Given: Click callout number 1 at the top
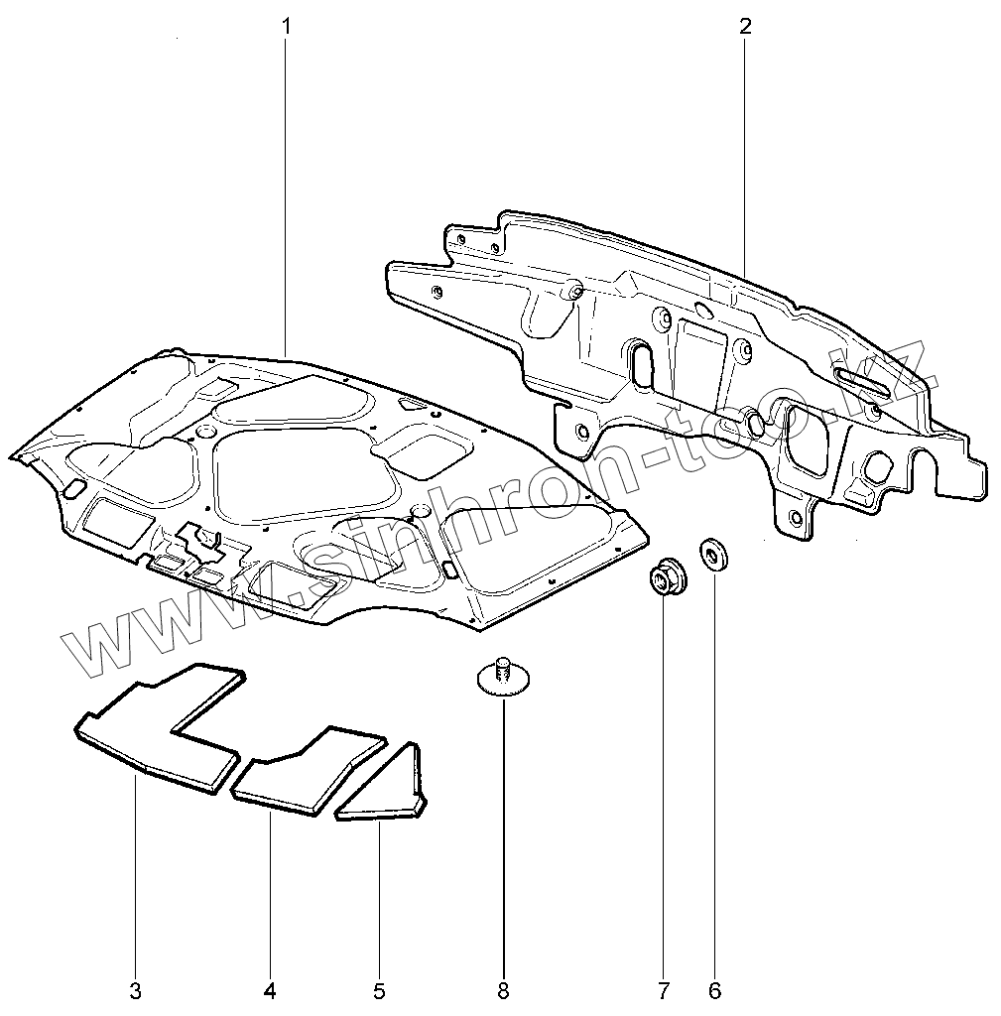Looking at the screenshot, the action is coord(286,27).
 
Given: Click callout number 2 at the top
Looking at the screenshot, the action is coord(744,27).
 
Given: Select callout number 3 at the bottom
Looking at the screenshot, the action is coord(135,990).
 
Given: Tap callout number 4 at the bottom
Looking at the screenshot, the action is coord(270,990).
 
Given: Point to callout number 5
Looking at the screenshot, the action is coord(379,990).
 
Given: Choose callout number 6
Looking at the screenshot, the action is coord(715,990).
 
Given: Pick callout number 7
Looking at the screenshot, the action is coord(663,990).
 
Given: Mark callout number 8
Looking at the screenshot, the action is coord(503,990).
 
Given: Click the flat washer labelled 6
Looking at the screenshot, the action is coord(713,554).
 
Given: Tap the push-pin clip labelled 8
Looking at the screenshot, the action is coord(502,677).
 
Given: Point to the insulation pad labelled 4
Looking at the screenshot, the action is coord(308,772).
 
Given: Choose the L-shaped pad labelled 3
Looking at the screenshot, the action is coord(159,729).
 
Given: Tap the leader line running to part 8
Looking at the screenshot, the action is coord(503,843).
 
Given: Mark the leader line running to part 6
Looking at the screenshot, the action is coord(715,794).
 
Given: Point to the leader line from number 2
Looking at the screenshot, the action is coord(744,149).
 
